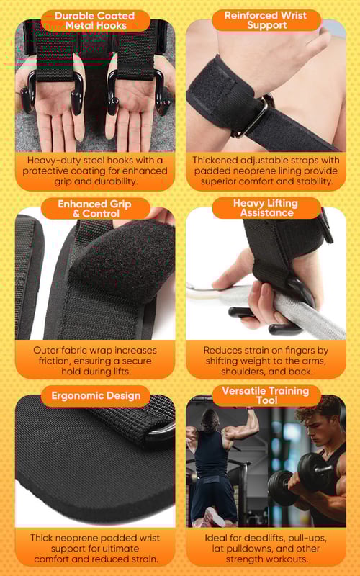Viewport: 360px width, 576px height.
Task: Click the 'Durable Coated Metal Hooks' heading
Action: [x=95, y=21]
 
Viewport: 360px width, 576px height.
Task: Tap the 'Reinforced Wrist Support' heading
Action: [x=266, y=20]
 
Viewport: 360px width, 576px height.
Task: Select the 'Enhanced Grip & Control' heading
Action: [x=95, y=209]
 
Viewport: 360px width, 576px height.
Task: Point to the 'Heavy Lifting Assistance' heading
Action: [x=266, y=208]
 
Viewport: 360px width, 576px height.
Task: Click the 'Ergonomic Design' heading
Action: [x=96, y=395]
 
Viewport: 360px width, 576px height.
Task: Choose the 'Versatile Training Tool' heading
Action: [x=266, y=395]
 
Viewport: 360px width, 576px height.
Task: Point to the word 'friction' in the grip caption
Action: [x=55, y=361]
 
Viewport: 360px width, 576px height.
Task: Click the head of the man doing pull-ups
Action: [x=210, y=420]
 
